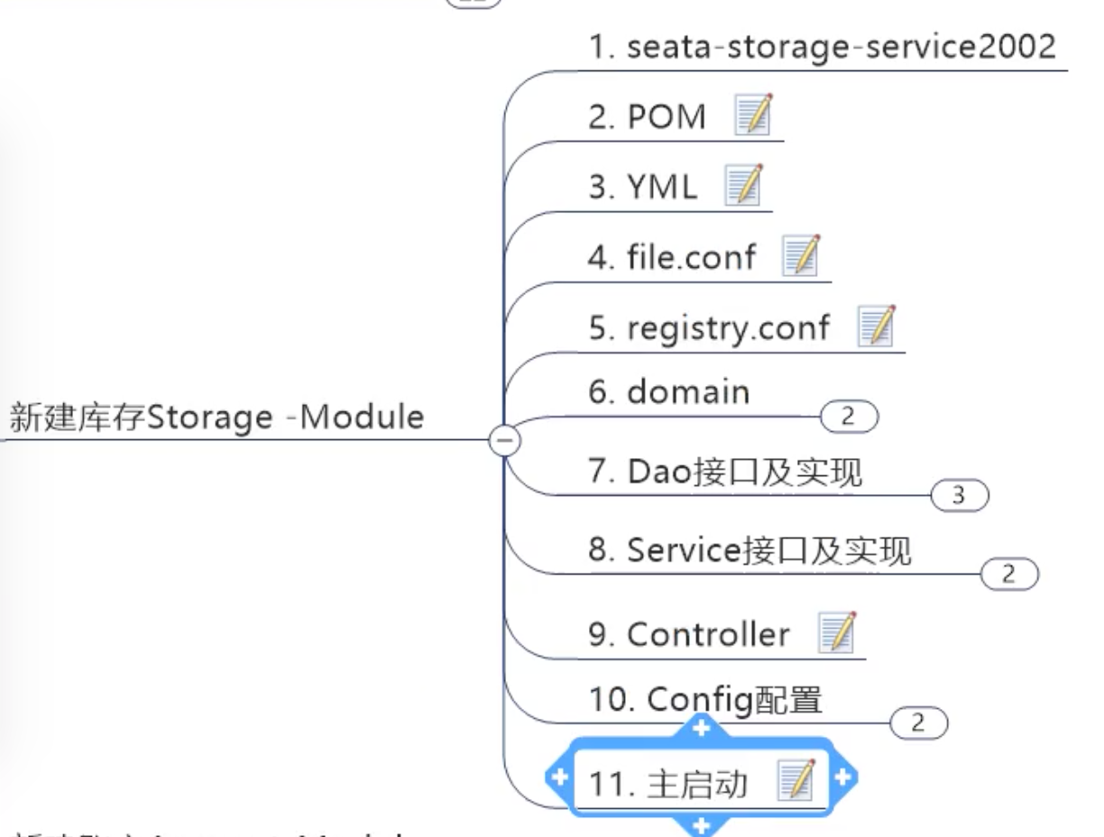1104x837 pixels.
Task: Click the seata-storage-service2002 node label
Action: [x=822, y=47]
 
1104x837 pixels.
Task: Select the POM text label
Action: [x=647, y=117]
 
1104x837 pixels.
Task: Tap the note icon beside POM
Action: [x=754, y=115]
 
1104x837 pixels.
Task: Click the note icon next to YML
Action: [x=744, y=185]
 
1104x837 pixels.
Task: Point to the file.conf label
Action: [x=672, y=257]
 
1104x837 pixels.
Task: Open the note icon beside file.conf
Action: [x=800, y=255]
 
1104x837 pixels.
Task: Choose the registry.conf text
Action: [x=709, y=327]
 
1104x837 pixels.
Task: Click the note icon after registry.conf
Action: [x=876, y=326]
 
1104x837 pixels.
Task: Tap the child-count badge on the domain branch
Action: [x=848, y=417]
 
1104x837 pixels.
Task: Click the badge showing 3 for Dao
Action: [x=960, y=495]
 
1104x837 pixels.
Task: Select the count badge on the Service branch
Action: [x=1008, y=574]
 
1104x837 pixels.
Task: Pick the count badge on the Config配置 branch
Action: [x=918, y=722]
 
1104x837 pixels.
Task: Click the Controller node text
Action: [x=689, y=634]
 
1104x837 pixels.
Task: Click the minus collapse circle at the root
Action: [x=503, y=440]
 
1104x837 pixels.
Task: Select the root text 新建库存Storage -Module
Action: [x=216, y=418]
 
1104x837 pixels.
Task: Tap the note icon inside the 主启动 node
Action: [x=796, y=779]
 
